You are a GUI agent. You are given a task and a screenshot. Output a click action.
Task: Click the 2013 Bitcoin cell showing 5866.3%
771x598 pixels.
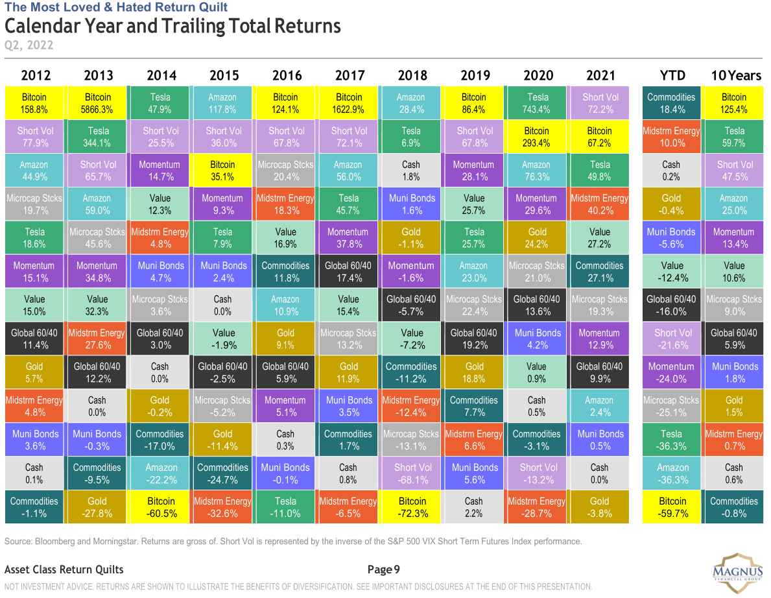pyautogui.click(x=97, y=103)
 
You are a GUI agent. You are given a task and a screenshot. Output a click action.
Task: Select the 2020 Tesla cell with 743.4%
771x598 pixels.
pyautogui.click(x=538, y=103)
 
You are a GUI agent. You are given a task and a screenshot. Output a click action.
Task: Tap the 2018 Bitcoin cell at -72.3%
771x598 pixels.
pyautogui.click(x=412, y=507)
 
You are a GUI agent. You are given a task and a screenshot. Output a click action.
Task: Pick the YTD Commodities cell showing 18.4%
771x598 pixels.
pyautogui.click(x=671, y=103)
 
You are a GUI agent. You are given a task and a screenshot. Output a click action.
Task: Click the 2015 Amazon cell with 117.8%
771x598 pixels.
pyautogui.click(x=222, y=103)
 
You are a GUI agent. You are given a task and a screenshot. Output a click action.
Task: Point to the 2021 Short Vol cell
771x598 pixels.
pyautogui.click(x=600, y=103)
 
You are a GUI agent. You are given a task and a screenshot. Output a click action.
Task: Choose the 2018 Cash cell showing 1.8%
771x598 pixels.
pyautogui.click(x=412, y=171)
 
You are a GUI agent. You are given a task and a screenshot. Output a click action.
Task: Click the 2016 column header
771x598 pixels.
pyautogui.click(x=286, y=75)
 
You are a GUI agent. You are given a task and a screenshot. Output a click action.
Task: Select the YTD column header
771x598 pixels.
pyautogui.click(x=671, y=75)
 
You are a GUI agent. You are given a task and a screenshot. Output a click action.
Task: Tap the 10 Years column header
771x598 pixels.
pyautogui.click(x=735, y=75)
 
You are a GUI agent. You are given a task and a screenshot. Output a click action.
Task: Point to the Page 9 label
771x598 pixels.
pyautogui.click(x=384, y=569)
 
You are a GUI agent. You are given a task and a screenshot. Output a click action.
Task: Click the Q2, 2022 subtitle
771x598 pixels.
pyautogui.click(x=29, y=45)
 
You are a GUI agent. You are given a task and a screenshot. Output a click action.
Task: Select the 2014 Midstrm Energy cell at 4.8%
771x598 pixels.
pyautogui.click(x=160, y=238)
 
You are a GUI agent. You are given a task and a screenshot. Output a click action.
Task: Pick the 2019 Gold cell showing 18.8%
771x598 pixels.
pyautogui.click(x=475, y=372)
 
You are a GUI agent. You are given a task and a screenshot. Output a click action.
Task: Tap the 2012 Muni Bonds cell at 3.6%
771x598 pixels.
pyautogui.click(x=34, y=440)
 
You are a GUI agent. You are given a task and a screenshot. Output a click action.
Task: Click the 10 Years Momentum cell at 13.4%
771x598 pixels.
pyautogui.click(x=734, y=238)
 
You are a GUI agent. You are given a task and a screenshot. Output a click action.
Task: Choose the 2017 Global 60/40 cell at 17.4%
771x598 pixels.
pyautogui.click(x=349, y=272)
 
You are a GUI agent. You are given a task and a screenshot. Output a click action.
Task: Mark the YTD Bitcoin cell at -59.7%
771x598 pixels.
pyautogui.click(x=671, y=507)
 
